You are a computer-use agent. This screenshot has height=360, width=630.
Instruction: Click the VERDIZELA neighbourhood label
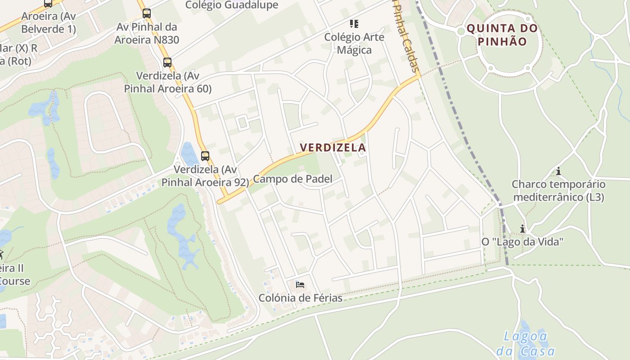point(333,148)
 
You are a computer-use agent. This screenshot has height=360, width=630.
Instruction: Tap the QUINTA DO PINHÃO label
point(502,35)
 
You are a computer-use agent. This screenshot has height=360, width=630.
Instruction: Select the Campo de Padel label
point(292,179)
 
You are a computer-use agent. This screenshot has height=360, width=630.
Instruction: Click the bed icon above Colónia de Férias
point(300,284)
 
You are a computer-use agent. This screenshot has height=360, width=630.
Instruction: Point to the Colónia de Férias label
point(300,298)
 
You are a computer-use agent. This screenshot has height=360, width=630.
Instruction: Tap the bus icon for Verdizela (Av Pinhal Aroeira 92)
point(205,156)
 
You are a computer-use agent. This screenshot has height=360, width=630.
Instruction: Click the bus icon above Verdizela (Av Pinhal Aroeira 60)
point(167,63)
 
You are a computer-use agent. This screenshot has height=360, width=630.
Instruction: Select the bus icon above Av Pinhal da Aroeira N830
point(147,13)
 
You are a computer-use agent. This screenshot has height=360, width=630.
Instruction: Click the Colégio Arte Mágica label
point(354,43)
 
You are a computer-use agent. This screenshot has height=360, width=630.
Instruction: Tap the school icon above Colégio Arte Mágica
point(354,23)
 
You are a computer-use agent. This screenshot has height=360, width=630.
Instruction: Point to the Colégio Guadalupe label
point(232,5)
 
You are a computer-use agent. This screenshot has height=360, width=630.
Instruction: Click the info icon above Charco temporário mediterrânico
point(558,171)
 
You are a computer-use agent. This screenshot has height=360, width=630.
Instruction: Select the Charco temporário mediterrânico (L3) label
point(558,191)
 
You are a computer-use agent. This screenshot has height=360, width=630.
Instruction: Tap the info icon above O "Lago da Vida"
point(522,229)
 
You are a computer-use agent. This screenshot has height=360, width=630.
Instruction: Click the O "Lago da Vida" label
point(522,242)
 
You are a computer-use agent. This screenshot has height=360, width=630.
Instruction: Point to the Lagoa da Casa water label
point(526,343)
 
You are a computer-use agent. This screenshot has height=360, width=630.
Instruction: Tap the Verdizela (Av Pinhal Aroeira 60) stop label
point(167,82)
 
